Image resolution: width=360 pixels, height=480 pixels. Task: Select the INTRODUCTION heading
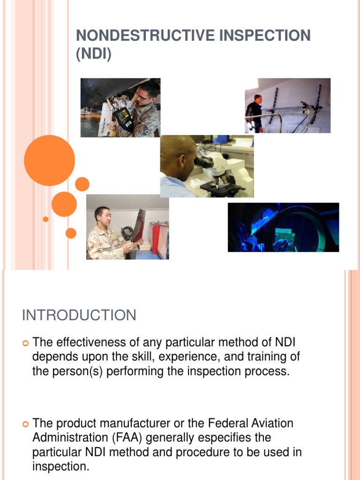(79, 315)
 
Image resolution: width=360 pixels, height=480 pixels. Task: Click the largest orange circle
(49, 160)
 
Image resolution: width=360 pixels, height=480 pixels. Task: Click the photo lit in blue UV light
(283, 227)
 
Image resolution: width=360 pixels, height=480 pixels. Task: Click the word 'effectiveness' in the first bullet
(90, 342)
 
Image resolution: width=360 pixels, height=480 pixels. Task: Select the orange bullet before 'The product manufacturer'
(26, 424)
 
